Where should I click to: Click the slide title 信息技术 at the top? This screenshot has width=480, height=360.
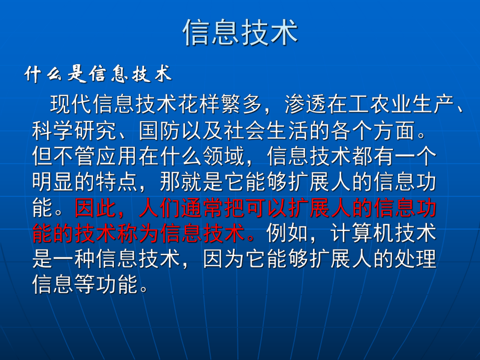[x=240, y=32]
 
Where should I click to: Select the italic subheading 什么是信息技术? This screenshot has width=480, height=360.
[x=98, y=75]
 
